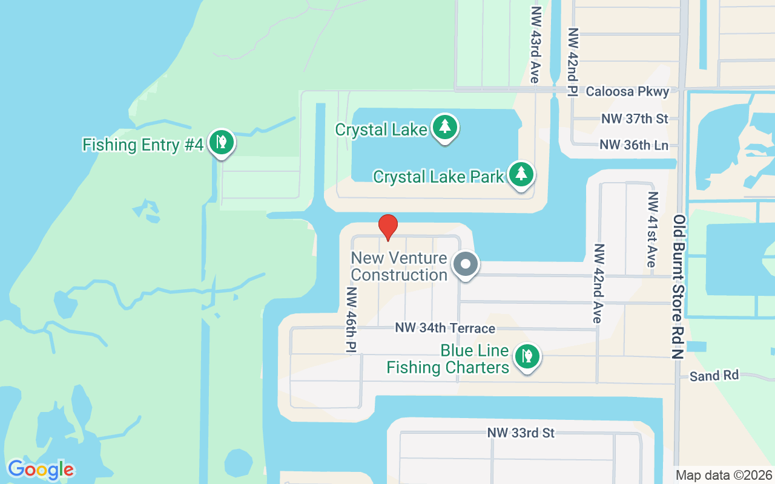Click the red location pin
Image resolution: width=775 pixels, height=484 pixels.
[388, 227]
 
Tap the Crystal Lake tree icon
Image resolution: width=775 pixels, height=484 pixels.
[445, 127]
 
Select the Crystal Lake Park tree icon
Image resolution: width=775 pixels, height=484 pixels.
[521, 174]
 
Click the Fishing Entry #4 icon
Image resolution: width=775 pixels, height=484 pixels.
[222, 143]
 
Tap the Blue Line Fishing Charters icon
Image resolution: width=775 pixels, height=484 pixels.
[527, 356]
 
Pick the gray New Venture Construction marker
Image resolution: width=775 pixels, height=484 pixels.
[466, 264]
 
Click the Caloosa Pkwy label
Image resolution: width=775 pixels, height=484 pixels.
[627, 91]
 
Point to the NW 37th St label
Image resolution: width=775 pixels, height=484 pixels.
[635, 119]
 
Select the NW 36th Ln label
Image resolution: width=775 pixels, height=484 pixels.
[634, 145]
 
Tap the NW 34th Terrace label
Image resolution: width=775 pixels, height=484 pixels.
[445, 328]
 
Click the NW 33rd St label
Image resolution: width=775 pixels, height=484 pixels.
[521, 433]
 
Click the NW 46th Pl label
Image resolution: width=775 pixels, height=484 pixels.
[351, 319]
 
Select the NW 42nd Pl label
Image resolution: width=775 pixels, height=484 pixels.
[572, 62]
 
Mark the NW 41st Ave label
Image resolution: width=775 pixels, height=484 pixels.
[652, 229]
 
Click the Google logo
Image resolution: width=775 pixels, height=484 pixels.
[41, 469]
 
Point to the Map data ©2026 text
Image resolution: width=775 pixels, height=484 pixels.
[724, 475]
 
